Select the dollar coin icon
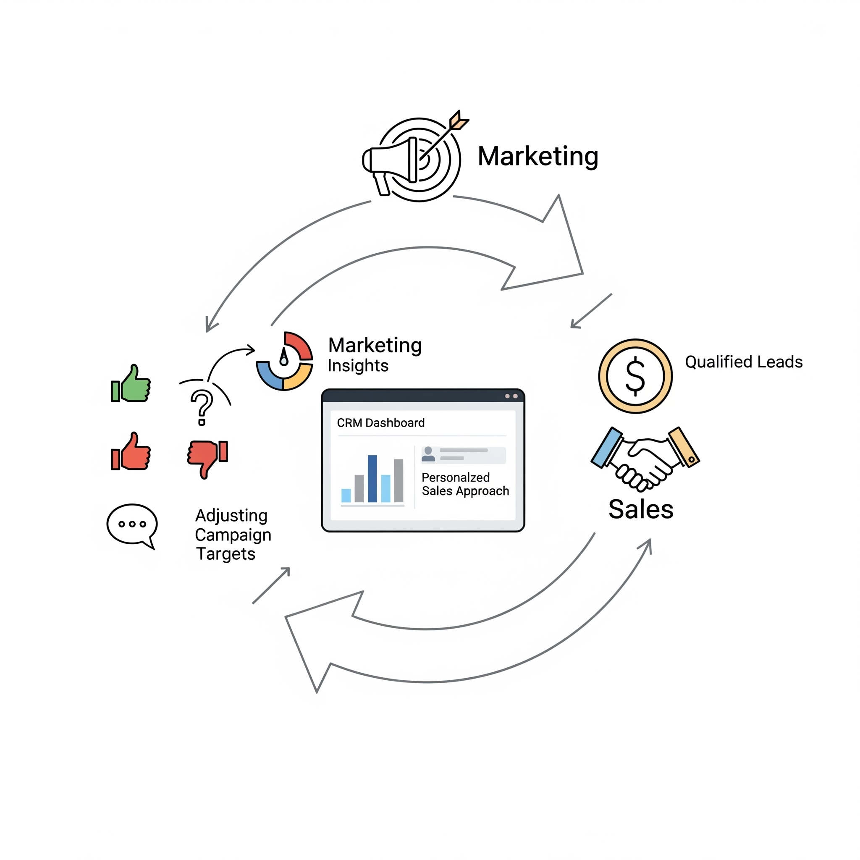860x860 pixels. (x=635, y=376)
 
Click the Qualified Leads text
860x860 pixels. (x=743, y=362)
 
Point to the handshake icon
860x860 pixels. (x=645, y=459)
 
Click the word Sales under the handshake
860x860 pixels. (x=640, y=509)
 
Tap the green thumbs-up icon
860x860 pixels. (x=131, y=385)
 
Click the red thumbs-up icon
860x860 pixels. (x=131, y=452)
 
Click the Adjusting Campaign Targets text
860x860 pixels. (x=232, y=535)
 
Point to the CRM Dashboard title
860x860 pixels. (x=380, y=422)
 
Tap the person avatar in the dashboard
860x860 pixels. (x=428, y=454)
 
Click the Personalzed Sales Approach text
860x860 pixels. (x=465, y=484)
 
